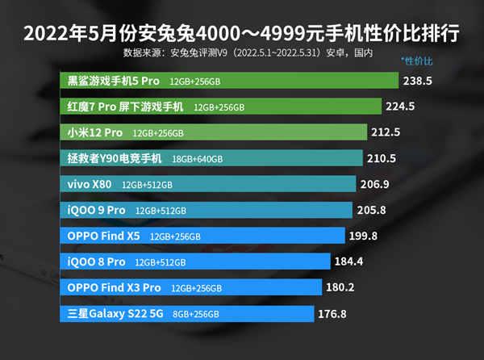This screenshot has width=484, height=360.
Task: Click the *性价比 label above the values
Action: click(x=417, y=61)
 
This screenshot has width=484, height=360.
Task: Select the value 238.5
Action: click(x=418, y=81)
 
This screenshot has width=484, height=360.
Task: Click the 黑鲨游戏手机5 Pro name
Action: click(x=115, y=81)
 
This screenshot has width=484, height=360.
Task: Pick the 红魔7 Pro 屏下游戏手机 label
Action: click(x=126, y=107)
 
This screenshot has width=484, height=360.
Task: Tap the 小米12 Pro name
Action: click(x=95, y=132)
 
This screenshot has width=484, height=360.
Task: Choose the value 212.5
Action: click(x=385, y=132)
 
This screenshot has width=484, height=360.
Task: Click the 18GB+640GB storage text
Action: click(x=198, y=159)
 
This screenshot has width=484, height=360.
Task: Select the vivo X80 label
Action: click(x=90, y=184)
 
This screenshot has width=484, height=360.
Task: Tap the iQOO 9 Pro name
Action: click(x=97, y=210)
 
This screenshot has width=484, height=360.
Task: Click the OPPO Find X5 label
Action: click(x=104, y=237)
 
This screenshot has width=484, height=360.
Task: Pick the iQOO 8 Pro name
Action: click(x=97, y=262)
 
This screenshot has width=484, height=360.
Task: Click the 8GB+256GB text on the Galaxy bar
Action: click(x=196, y=314)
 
